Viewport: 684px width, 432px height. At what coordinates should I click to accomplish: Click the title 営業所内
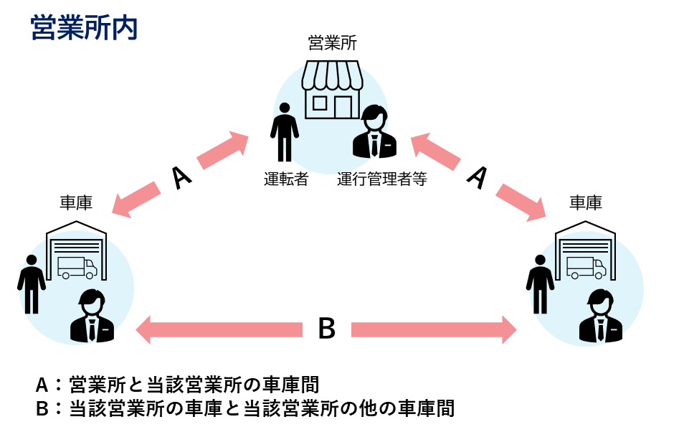pos(84,28)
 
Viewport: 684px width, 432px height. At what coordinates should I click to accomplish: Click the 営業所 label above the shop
pos(332,43)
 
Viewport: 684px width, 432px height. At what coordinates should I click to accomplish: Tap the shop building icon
pos(332,89)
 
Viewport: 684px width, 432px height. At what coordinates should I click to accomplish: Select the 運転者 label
pos(285,179)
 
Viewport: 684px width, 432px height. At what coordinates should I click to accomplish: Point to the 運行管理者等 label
pos(382,179)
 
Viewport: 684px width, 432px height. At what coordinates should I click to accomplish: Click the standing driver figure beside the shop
pos(285,132)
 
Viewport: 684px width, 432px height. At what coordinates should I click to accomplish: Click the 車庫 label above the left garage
pos(75,203)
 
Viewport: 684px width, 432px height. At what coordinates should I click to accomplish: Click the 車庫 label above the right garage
pos(585,203)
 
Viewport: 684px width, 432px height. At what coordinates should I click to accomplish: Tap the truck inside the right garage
pos(586,267)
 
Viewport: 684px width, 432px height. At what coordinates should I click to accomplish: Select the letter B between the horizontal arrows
pos(326,329)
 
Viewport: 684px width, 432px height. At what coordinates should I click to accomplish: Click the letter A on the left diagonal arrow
pos(182,177)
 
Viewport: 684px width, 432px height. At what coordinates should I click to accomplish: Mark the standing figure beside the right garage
pos(540,283)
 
